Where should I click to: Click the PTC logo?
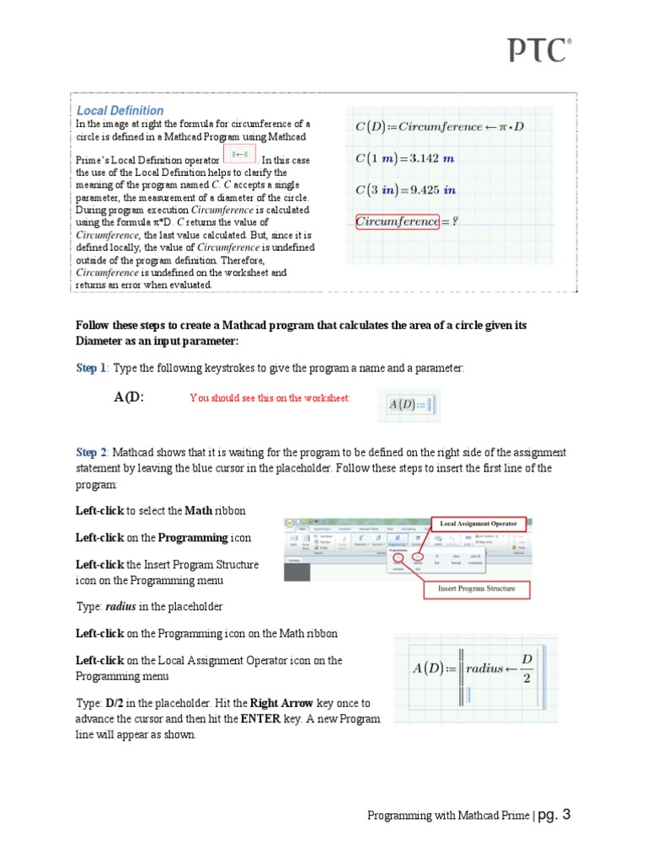[x=539, y=51]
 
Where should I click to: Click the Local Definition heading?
[x=120, y=110]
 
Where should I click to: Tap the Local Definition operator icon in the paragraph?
[x=238, y=155]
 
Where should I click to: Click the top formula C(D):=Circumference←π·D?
[x=439, y=126]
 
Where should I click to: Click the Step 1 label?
[x=91, y=368]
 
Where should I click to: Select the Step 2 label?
[x=91, y=452]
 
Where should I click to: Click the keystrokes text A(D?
[x=129, y=397]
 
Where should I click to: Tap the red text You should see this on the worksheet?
[x=270, y=398]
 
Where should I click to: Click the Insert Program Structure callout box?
[x=476, y=588]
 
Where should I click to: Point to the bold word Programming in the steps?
[x=193, y=537]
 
